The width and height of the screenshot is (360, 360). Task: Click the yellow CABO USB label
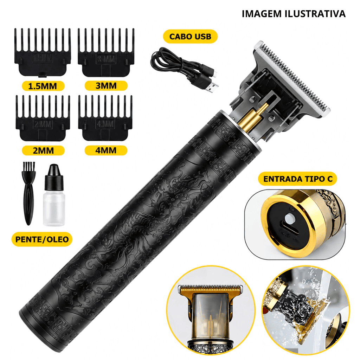pos(190,37)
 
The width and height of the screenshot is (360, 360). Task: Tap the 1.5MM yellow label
pos(43,86)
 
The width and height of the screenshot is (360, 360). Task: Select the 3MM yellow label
pos(106,86)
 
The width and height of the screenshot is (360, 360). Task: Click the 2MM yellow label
pos(43,150)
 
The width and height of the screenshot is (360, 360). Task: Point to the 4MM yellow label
pos(106,150)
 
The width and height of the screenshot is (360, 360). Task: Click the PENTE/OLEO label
pos(42,239)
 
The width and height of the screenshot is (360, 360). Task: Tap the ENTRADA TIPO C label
pos(298,179)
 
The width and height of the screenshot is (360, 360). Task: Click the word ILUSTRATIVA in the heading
pos(315,14)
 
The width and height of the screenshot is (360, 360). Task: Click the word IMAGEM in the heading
pos(262,14)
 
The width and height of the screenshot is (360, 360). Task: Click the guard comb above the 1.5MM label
pos(43,52)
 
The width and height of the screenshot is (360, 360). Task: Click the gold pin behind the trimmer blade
pos(255,116)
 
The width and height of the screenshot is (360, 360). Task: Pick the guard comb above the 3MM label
pos(106,52)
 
